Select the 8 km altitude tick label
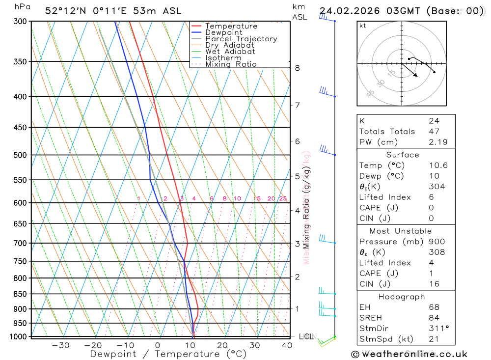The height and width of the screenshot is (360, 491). pos(297,68)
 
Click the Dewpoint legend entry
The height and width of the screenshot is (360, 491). pos(223,32)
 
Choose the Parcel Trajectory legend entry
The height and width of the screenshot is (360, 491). pos(241,39)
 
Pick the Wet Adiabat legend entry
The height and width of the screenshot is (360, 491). pos(230,52)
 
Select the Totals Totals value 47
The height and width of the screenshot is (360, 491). pos(434,132)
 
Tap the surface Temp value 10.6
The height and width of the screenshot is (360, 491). pos(438,166)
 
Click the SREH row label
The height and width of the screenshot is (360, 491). pos(371,318)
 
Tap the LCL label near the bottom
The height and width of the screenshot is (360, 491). pos(308,336)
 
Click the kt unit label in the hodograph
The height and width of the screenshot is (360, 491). pos(362,26)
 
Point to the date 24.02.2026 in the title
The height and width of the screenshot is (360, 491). pos(346,11)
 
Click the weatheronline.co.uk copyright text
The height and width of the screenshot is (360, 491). pos(409,354)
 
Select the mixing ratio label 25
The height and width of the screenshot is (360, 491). pos(283,198)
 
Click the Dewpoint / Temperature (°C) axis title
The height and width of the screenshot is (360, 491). pos(168,354)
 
